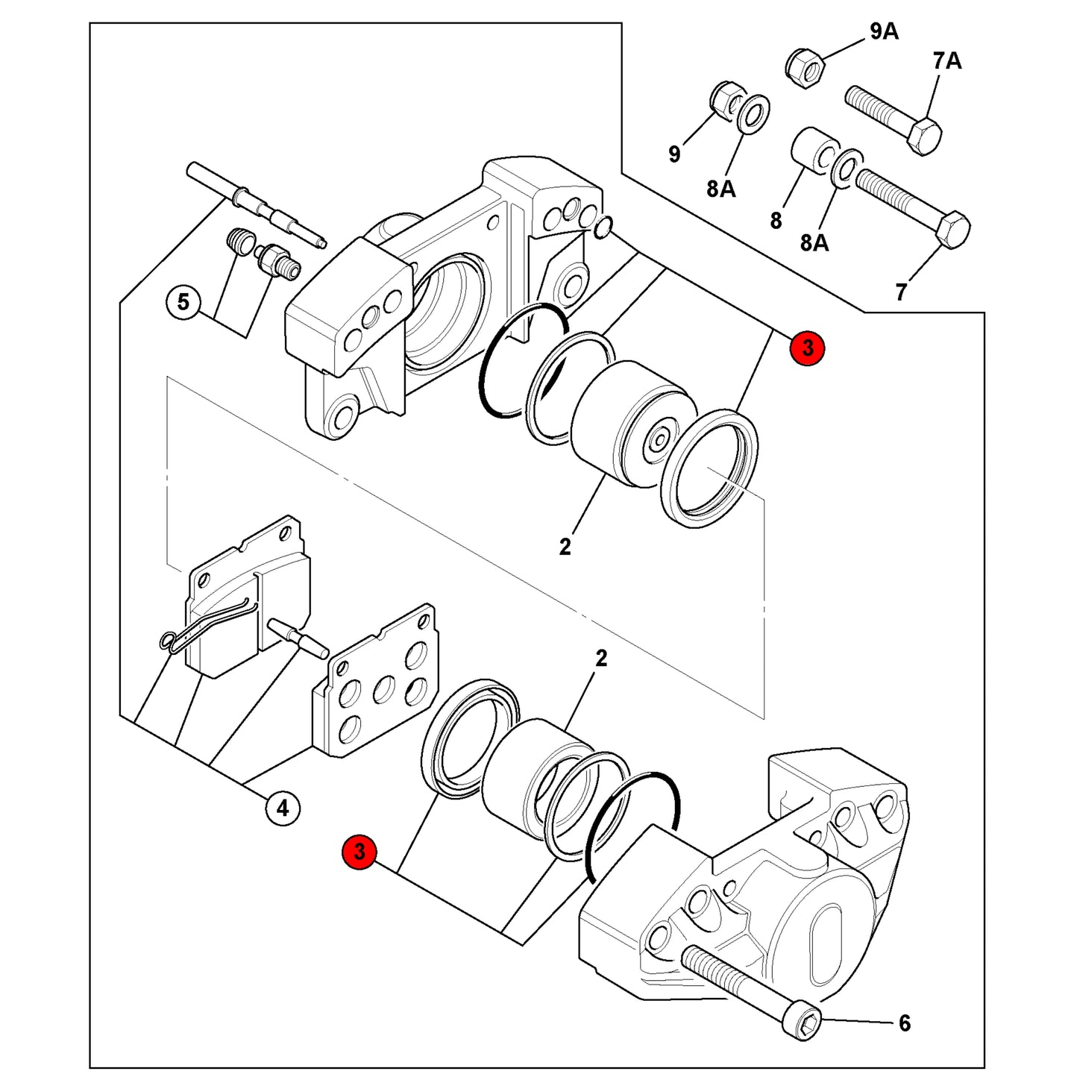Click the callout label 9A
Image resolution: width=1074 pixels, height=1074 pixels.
pyautogui.click(x=884, y=32)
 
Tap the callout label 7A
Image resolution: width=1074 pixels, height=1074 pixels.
pyautogui.click(x=948, y=61)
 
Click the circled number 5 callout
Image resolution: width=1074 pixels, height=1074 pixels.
pyautogui.click(x=183, y=303)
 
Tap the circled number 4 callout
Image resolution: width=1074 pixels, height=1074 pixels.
pyautogui.click(x=283, y=807)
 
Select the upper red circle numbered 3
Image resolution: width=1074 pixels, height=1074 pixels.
pyautogui.click(x=807, y=348)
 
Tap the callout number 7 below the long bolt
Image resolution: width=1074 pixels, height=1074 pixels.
pyautogui.click(x=901, y=292)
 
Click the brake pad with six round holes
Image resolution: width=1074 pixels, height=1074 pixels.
pyautogui.click(x=374, y=679)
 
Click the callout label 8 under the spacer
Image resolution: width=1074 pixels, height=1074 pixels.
pyautogui.click(x=776, y=220)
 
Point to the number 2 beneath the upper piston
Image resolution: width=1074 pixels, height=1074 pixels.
pyautogui.click(x=565, y=547)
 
